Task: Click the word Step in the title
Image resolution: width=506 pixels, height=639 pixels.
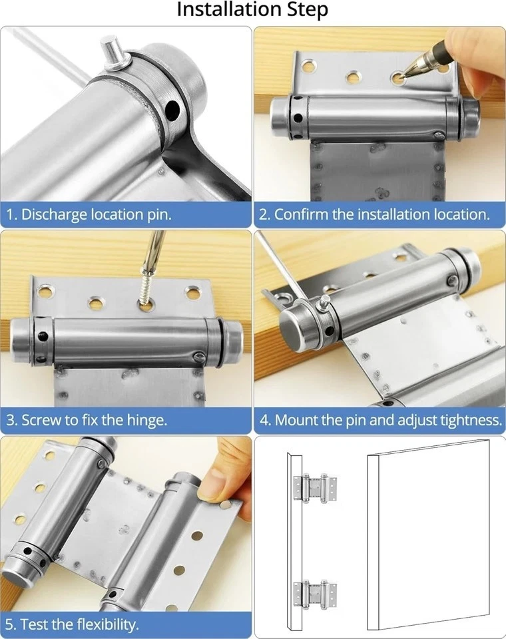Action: click(304, 11)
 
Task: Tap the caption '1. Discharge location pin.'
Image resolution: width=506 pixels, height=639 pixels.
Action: click(89, 215)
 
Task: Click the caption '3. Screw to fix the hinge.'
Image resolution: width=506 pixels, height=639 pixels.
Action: click(87, 420)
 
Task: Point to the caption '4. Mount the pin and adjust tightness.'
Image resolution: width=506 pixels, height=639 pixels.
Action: click(379, 420)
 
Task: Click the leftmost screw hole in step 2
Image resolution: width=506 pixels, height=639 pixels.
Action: click(308, 66)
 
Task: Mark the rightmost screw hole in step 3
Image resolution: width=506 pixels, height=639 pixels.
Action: click(192, 292)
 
